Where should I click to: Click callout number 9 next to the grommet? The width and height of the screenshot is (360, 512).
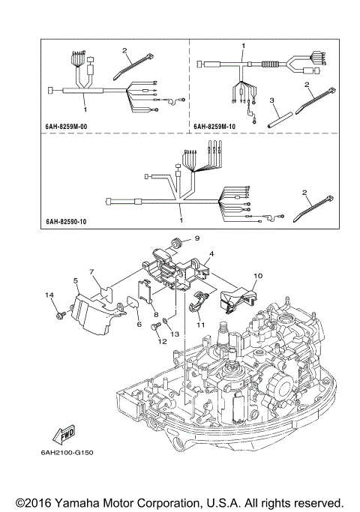click(x=198, y=239)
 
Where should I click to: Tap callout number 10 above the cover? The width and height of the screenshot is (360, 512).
click(x=256, y=276)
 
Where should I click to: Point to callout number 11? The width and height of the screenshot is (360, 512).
click(x=200, y=324)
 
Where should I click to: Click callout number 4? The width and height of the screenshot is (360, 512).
click(x=212, y=255)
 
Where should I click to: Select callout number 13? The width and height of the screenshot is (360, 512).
click(x=175, y=334)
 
